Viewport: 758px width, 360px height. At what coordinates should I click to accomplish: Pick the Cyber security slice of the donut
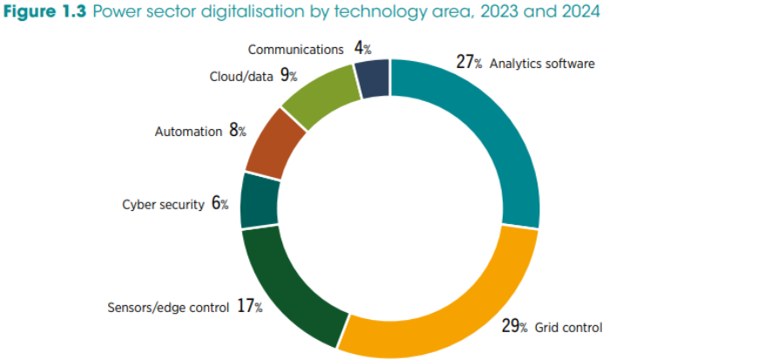coord(259,200)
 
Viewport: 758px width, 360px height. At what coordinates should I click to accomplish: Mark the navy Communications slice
coord(372,78)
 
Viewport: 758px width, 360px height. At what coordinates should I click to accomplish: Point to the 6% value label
coord(220,204)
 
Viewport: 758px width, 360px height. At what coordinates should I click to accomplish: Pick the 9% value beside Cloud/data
coord(288,76)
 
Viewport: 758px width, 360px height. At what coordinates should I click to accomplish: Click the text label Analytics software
coord(542,64)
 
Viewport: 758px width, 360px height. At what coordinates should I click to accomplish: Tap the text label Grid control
coord(567,328)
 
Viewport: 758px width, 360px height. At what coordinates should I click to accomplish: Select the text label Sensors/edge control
coord(168,308)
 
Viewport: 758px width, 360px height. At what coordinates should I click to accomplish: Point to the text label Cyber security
coord(163,205)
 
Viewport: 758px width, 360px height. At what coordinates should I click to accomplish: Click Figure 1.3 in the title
coord(43,13)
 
